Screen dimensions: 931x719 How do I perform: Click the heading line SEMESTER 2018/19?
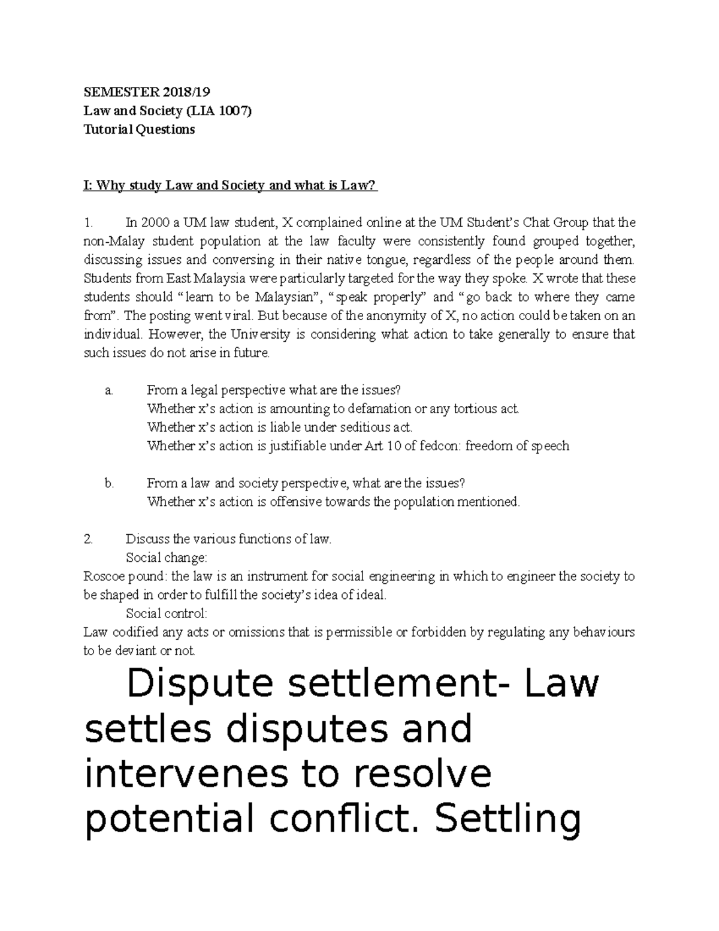(x=147, y=92)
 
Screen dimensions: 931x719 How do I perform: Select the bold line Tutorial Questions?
(x=138, y=129)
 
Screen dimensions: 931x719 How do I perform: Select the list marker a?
(x=108, y=390)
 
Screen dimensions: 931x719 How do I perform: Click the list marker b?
(x=108, y=483)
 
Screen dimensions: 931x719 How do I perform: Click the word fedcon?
(x=440, y=446)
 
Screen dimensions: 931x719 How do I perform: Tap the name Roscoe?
(x=103, y=577)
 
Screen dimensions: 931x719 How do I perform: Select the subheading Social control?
(x=167, y=613)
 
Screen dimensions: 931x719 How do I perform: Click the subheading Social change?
(x=166, y=558)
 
